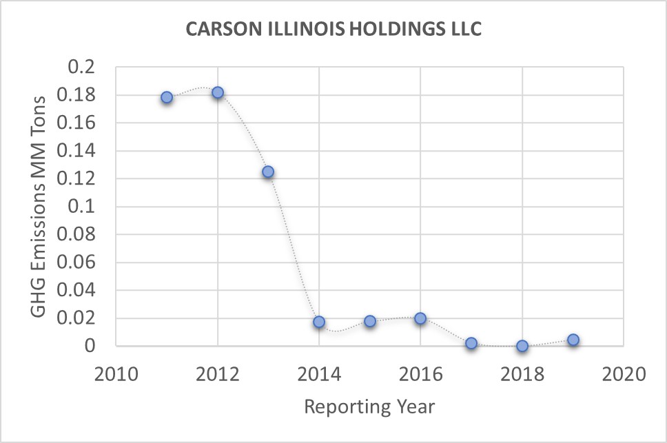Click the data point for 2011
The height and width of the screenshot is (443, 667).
167,97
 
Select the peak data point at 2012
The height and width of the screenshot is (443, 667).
218,92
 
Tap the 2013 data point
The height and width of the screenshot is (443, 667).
268,172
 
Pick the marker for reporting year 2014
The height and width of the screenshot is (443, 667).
319,322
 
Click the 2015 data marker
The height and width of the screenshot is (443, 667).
370,321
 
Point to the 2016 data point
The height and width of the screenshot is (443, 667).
420,318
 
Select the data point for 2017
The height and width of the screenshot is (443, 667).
471,343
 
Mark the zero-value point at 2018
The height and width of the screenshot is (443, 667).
522,346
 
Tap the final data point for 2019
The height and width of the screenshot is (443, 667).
573,340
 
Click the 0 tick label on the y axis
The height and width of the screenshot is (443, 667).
97,346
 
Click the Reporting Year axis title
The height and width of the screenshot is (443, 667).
369,407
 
